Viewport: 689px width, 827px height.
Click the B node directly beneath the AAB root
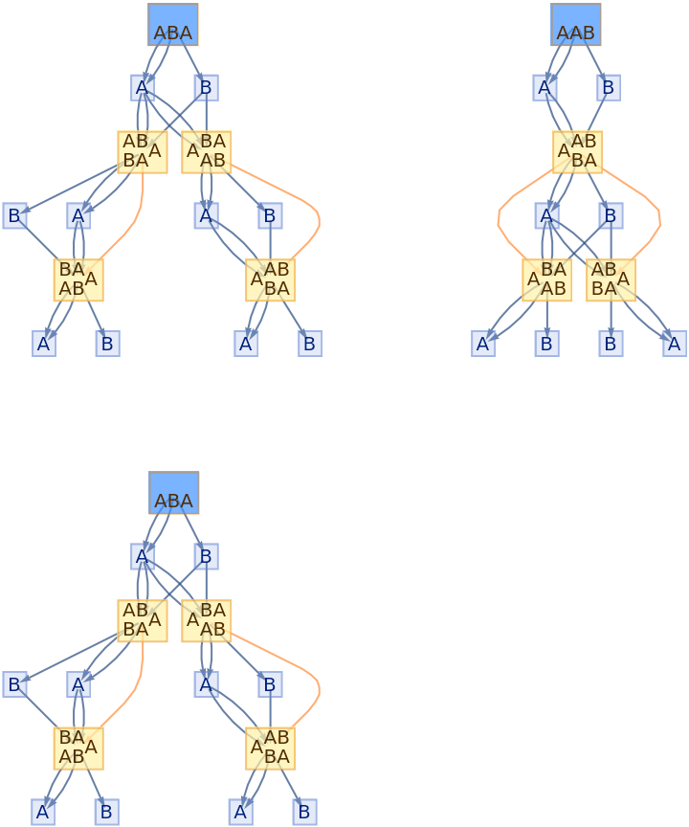[x=609, y=88]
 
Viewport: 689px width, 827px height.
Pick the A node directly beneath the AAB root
[x=545, y=88]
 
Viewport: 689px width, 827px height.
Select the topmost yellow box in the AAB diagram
[x=577, y=151]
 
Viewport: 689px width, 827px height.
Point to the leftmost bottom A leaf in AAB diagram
[x=483, y=344]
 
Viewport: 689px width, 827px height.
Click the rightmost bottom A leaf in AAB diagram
[x=675, y=344]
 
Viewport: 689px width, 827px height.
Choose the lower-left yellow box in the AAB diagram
[x=546, y=279]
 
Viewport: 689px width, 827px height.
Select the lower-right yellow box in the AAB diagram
[x=611, y=279]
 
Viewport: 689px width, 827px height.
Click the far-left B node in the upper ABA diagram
[x=14, y=215]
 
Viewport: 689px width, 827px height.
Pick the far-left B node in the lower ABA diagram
[x=14, y=684]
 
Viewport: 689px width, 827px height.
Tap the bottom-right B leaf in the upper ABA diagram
[x=309, y=344]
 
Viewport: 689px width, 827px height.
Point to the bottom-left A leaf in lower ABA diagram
[x=41, y=813]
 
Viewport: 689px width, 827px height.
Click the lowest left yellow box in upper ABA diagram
[x=78, y=279]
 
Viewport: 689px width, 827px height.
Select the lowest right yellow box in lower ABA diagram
[x=270, y=748]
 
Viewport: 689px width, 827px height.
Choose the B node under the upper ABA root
[x=206, y=88]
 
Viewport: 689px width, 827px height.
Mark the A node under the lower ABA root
[x=143, y=556]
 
